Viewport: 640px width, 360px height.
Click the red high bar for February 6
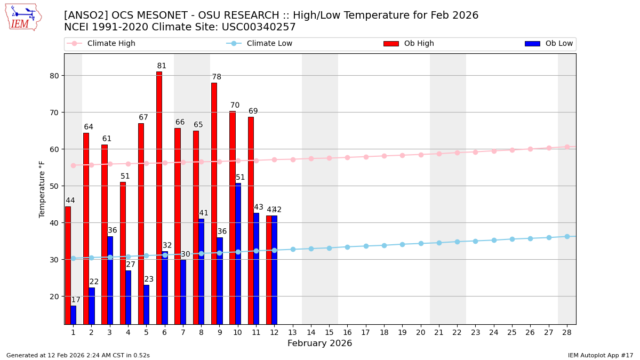(159, 197)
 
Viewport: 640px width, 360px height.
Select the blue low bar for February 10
(238, 253)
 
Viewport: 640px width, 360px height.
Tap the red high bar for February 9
(214, 203)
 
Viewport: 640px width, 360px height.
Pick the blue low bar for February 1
(73, 315)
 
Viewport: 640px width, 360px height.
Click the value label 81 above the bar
(162, 66)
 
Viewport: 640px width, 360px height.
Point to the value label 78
(217, 77)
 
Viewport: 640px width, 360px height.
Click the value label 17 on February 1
(76, 300)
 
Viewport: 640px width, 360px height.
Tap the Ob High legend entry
(409, 44)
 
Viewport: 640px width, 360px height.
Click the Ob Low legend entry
(549, 44)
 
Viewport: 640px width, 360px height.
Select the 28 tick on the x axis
(567, 332)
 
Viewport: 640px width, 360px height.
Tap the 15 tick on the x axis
(329, 332)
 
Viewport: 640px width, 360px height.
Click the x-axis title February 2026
(319, 343)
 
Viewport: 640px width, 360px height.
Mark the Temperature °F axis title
(43, 189)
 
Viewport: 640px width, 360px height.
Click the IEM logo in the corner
(23, 17)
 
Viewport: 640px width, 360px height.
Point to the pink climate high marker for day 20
(421, 155)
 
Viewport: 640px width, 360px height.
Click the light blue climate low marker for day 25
(512, 239)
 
